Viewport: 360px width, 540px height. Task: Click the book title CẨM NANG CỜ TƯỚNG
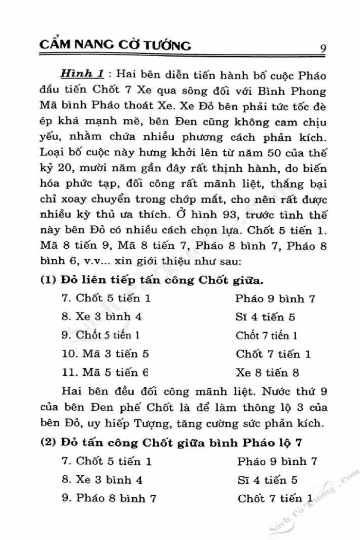coord(115,46)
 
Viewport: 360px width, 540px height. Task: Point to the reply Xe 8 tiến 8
coord(267,372)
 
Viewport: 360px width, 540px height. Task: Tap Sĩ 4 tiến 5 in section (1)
coord(265,317)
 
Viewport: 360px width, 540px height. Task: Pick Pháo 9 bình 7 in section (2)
coord(277,461)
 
